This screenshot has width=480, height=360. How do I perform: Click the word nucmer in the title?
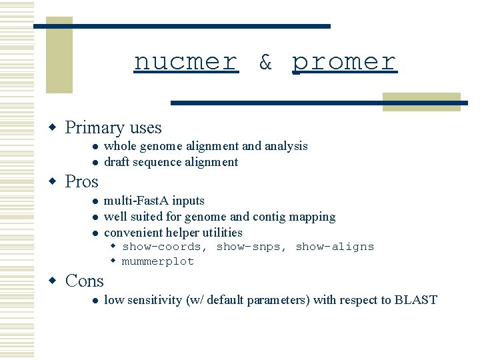click(x=186, y=62)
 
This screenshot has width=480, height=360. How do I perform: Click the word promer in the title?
click(x=344, y=62)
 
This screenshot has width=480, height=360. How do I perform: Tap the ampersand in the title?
click(x=265, y=62)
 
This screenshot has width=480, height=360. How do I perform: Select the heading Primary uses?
click(x=113, y=127)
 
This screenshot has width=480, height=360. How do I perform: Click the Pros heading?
click(x=81, y=181)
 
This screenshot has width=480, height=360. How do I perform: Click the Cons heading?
click(x=84, y=281)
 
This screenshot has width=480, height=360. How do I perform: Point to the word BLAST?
click(x=415, y=300)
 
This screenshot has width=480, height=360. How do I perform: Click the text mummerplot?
click(x=157, y=261)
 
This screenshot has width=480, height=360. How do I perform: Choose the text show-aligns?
click(x=335, y=247)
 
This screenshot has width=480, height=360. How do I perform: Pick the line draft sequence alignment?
click(x=171, y=162)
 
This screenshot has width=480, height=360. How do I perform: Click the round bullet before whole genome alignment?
click(x=95, y=147)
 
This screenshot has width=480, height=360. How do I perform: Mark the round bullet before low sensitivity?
click(x=95, y=301)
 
